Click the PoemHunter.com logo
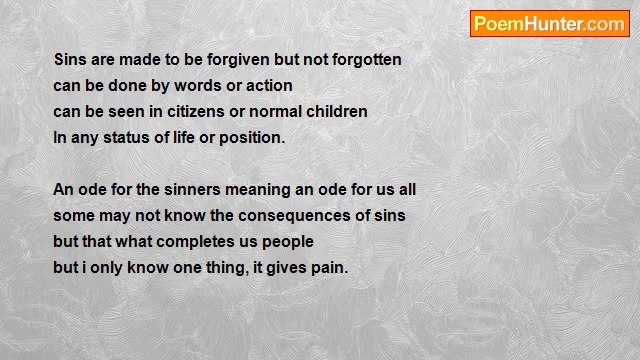549,24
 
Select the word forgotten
361,60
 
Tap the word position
250,138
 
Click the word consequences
292,216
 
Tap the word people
288,242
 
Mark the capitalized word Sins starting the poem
70,60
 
